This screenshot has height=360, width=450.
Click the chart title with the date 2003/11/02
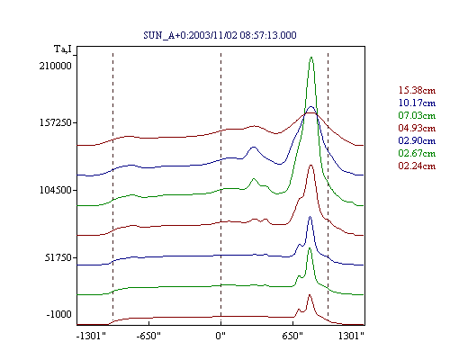coord(220,35)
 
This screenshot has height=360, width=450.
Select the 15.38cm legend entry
coord(417,90)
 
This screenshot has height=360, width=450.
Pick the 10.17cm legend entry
coord(417,103)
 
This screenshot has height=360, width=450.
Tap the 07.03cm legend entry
coord(417,115)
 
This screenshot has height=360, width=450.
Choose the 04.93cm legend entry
coord(417,128)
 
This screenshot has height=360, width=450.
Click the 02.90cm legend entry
coord(417,140)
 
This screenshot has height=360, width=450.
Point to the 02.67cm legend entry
coord(417,153)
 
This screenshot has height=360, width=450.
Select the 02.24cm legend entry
coord(417,166)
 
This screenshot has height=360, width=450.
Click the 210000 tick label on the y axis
coord(56,66)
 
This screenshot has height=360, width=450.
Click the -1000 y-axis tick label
coord(59,314)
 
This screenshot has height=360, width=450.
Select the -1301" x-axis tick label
coord(91,336)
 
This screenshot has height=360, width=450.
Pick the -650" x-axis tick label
coord(148,336)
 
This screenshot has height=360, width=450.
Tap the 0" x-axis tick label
coord(220,336)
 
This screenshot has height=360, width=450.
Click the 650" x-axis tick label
coord(292,336)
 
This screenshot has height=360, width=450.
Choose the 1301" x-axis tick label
coord(351,336)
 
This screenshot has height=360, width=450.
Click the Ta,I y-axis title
coord(63,49)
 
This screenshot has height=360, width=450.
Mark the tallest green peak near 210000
coord(311,58)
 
